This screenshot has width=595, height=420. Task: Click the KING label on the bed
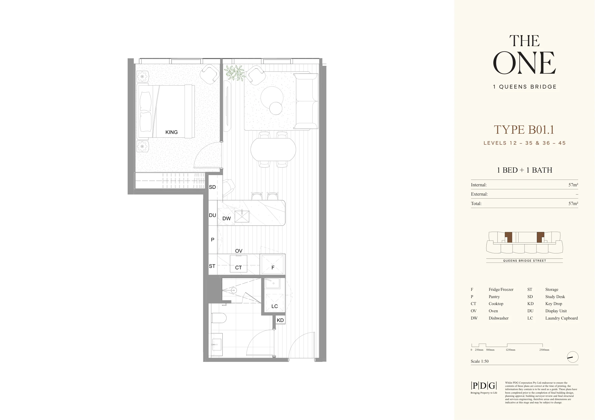[172, 132]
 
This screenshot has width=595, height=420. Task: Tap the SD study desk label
[212, 187]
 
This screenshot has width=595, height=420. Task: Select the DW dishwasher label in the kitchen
[227, 218]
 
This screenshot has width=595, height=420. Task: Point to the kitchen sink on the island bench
[242, 216]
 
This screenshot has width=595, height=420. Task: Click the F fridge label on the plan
[273, 268]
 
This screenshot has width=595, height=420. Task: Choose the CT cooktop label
[238, 268]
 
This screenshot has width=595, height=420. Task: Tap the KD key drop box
[280, 320]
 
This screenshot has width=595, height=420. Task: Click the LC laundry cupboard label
[275, 306]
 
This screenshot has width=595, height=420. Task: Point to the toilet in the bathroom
[219, 318]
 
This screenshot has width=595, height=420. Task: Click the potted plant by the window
[235, 73]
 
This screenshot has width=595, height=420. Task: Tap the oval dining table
[273, 150]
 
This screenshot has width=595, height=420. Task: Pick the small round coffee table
[276, 108]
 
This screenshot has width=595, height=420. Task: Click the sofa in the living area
[306, 101]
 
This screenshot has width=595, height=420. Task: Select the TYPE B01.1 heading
[524, 130]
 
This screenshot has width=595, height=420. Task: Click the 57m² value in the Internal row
[573, 185]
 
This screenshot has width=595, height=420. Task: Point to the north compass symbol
[573, 357]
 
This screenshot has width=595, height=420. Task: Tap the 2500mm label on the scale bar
[544, 350]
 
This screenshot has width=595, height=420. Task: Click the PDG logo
[484, 386]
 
